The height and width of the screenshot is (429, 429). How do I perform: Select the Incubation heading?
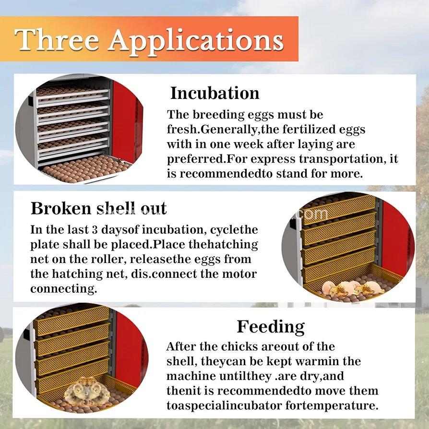(214, 93)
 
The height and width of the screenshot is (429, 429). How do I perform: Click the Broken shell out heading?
(98, 208)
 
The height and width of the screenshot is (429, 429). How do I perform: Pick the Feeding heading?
(271, 326)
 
